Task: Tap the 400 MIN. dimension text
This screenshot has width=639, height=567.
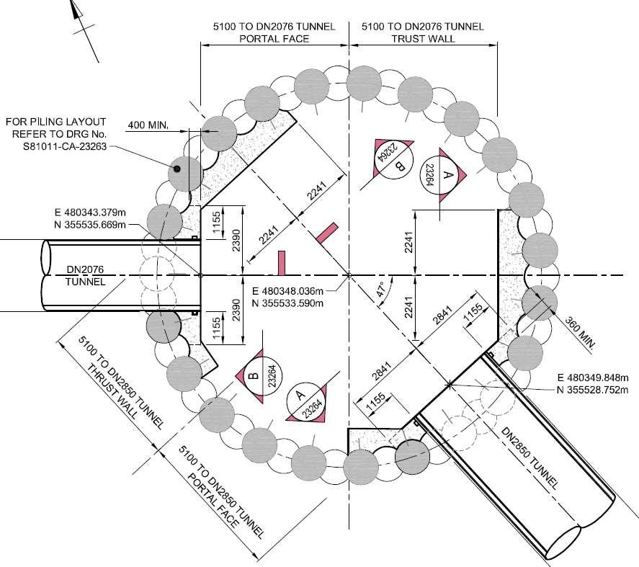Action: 147,125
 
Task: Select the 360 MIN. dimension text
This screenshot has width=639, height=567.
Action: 580,332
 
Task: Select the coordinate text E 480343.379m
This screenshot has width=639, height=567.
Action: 91,213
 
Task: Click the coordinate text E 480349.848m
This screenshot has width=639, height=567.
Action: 594,378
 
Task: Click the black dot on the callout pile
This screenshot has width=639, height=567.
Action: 175,169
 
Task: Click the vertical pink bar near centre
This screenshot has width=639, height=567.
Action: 282,263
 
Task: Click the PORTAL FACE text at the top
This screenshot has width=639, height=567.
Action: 274,39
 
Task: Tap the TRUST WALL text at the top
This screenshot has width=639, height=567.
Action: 423,39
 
